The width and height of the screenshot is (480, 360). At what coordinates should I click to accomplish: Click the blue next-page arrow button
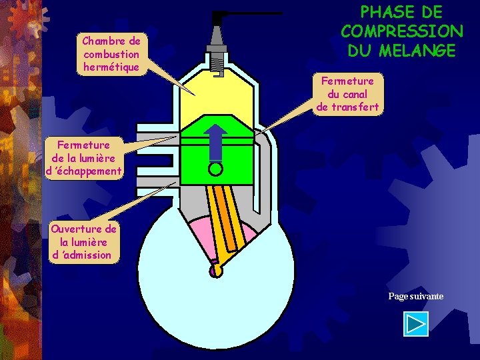pos(416,324)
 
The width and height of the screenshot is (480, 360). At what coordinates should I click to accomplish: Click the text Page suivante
pos(416,296)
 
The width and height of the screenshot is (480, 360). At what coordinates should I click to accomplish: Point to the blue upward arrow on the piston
pos(216,141)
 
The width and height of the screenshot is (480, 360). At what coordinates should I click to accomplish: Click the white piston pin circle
pos(215,169)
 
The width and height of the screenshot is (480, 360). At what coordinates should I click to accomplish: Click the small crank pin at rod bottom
pos(215,271)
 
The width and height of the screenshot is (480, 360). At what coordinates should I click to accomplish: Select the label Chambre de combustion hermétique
pos(111,54)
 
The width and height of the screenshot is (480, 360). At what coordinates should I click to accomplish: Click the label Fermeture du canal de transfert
pos(347,93)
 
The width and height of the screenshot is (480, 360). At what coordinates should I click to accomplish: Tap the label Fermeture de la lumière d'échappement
pos(83,158)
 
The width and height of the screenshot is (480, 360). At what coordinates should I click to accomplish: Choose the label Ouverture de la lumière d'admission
pos(83,242)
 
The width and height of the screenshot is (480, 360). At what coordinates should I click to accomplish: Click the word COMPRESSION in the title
pos(401,31)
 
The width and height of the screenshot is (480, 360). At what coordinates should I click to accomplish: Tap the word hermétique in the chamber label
pos(111,67)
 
